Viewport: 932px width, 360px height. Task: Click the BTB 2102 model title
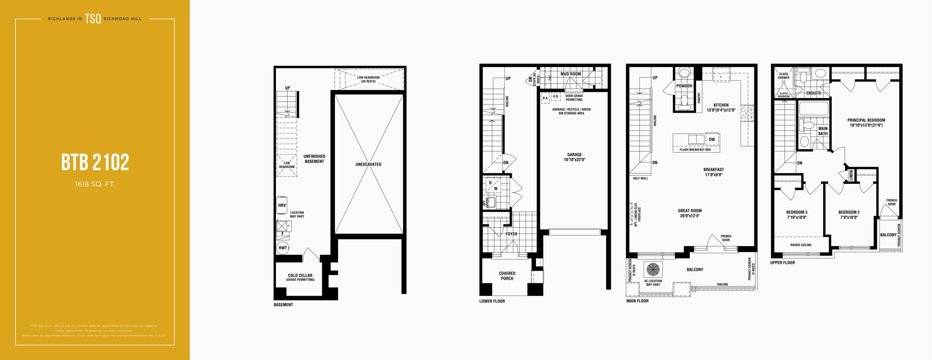(x=95, y=162)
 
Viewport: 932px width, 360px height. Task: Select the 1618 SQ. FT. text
(x=95, y=184)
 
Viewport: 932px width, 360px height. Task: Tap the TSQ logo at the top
(x=93, y=19)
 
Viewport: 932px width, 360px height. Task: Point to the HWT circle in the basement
(x=283, y=248)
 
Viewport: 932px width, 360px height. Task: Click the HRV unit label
(x=282, y=205)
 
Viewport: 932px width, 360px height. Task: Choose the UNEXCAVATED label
(x=368, y=164)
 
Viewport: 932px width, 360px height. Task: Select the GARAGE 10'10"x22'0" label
(x=574, y=157)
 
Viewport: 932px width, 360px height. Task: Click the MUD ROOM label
(x=570, y=74)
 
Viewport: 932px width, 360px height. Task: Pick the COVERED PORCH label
(x=507, y=276)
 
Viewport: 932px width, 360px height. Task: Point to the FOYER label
(x=511, y=234)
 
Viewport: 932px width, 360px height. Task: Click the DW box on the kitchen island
(x=712, y=139)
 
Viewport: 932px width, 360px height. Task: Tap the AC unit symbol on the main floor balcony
(x=653, y=269)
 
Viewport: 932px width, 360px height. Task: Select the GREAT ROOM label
(x=690, y=213)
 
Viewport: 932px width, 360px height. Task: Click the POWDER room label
(x=684, y=86)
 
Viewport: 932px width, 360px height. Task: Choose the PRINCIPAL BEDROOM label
(x=866, y=122)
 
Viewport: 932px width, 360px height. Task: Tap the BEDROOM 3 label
(x=797, y=214)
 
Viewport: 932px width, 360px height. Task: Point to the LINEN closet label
(x=851, y=175)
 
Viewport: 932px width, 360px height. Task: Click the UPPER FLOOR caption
(x=782, y=262)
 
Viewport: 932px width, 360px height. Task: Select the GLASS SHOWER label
(x=783, y=76)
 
